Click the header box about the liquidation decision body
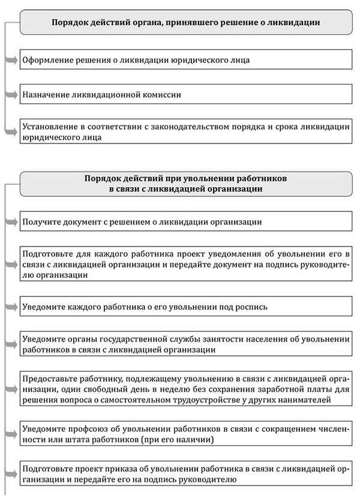186,22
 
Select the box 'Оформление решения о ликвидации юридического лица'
186,60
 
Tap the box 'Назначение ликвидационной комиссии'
186,94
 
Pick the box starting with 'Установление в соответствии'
186,132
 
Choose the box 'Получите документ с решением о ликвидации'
186,221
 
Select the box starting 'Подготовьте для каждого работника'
186,264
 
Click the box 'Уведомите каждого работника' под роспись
186,307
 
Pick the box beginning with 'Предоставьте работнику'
186,391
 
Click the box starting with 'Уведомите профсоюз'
186,435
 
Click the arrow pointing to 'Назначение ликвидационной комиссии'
13,94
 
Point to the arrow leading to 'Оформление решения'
13,60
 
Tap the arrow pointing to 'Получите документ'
13,221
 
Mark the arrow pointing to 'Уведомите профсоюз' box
13,435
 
